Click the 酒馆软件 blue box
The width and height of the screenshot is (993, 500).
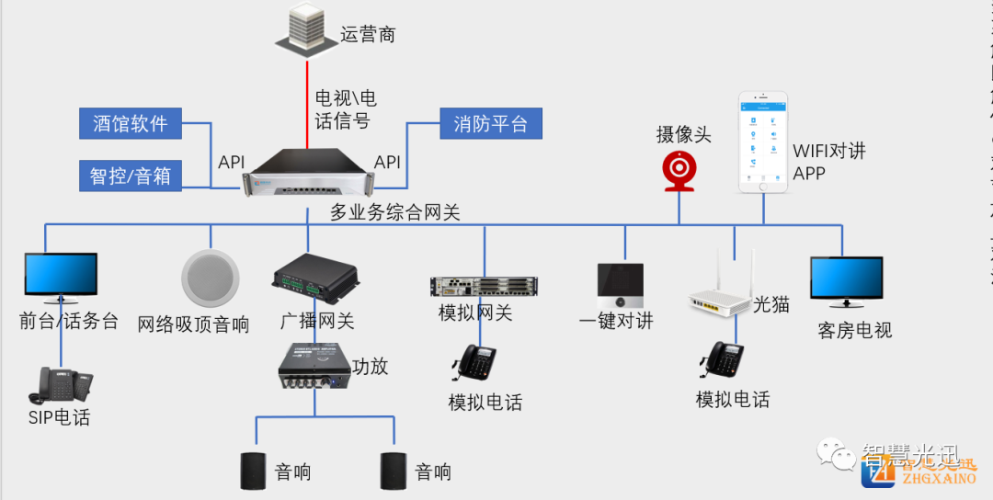[131, 123]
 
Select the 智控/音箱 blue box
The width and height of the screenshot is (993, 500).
[131, 175]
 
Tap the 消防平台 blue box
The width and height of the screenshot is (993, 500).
[491, 123]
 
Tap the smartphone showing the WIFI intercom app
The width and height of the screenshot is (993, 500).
[764, 142]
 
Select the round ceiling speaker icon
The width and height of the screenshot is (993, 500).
[210, 278]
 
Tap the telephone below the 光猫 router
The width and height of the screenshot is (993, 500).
[720, 362]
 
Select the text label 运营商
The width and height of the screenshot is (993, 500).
[368, 36]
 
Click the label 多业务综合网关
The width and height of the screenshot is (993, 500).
[395, 213]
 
